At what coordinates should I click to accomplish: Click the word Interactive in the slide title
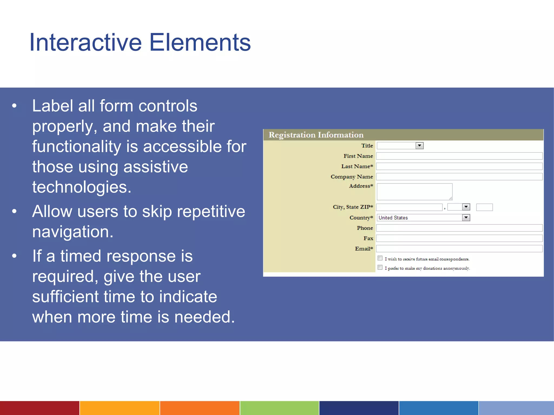pyautogui.click(x=85, y=42)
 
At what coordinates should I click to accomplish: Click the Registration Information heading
pyautogui.click(x=316, y=135)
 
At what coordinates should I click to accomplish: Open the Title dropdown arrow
pyautogui.click(x=419, y=146)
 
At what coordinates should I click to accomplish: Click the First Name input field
pyautogui.click(x=459, y=156)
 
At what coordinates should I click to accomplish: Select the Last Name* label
pyautogui.click(x=357, y=166)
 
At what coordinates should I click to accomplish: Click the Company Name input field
pyautogui.click(x=459, y=177)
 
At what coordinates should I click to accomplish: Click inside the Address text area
pyautogui.click(x=414, y=192)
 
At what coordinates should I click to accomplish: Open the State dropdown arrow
pyautogui.click(x=466, y=207)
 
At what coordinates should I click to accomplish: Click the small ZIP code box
pyautogui.click(x=484, y=207)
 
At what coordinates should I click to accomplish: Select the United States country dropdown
pyautogui.click(x=423, y=218)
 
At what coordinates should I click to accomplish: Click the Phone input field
pyautogui.click(x=459, y=228)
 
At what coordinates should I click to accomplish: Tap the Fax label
pyautogui.click(x=368, y=238)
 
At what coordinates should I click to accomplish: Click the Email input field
pyautogui.click(x=459, y=249)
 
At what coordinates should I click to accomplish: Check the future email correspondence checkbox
pyautogui.click(x=380, y=258)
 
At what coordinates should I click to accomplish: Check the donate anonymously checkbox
pyautogui.click(x=380, y=267)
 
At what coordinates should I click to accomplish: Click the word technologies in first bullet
pyautogui.click(x=81, y=187)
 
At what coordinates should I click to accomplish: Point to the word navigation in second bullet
pyautogui.click(x=72, y=232)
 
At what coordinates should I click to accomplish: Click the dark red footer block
pyautogui.click(x=39, y=408)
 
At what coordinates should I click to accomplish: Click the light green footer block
pyautogui.click(x=279, y=408)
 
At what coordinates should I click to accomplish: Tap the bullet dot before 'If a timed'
pyautogui.click(x=14, y=256)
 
